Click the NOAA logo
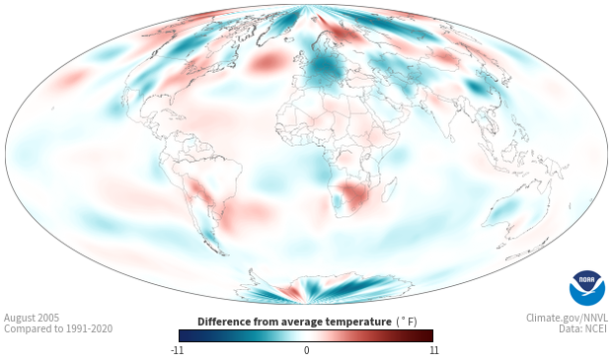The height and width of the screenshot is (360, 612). [x=587, y=288]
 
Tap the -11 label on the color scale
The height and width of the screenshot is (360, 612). [x=177, y=350]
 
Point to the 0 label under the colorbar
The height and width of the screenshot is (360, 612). [x=306, y=350]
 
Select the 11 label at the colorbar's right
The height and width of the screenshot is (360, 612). [x=433, y=350]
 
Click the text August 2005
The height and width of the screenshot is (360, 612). [x=32, y=318]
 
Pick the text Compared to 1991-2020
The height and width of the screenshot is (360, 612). [x=58, y=329]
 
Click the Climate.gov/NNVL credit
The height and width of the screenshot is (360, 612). [x=567, y=318]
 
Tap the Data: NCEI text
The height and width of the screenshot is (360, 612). [x=583, y=329]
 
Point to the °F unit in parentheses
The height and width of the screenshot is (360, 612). [x=407, y=323]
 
